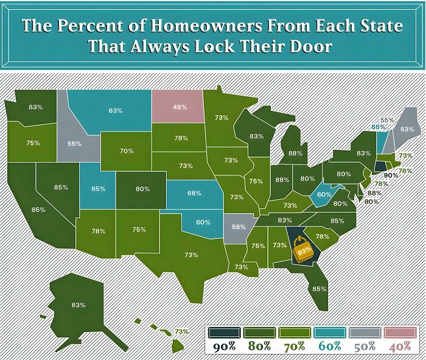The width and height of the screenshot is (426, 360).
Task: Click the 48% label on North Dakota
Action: [x=180, y=107]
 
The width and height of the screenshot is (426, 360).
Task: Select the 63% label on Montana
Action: [x=116, y=110]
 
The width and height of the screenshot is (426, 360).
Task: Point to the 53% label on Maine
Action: [x=407, y=129]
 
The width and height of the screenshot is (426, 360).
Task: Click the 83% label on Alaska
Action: [x=78, y=305]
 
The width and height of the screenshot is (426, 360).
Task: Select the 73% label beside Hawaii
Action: [x=181, y=331]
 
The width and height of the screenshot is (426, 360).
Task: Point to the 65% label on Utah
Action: [x=99, y=189]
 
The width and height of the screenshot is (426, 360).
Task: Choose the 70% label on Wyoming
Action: [x=127, y=150]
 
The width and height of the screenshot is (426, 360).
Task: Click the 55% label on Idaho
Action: [x=75, y=144]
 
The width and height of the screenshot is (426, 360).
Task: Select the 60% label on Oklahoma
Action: [x=203, y=222]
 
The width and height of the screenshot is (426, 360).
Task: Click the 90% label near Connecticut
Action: [x=391, y=175]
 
